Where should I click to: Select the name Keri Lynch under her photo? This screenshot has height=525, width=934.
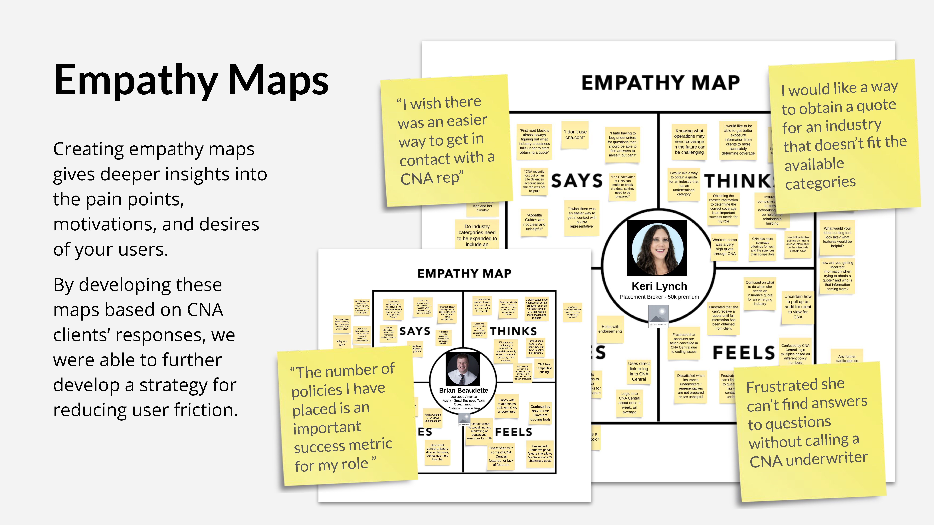tap(659, 286)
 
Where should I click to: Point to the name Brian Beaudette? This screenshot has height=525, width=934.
tap(463, 390)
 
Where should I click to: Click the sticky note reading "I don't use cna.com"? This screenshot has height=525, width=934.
tap(575, 135)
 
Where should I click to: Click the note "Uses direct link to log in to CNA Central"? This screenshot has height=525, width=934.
tap(639, 371)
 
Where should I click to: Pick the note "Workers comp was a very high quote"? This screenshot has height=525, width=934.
tap(724, 247)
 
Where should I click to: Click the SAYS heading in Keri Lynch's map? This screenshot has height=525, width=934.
tap(577, 181)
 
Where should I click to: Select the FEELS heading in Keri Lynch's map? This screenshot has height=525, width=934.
tap(743, 352)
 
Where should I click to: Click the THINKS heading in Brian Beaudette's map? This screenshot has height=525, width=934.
tap(513, 331)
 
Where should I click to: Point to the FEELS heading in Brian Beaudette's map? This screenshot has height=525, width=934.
tap(513, 432)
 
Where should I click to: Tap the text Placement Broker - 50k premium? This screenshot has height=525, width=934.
tap(659, 297)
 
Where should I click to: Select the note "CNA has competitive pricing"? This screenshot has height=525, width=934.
tap(544, 368)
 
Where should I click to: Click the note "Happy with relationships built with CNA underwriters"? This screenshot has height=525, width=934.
tap(507, 406)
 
